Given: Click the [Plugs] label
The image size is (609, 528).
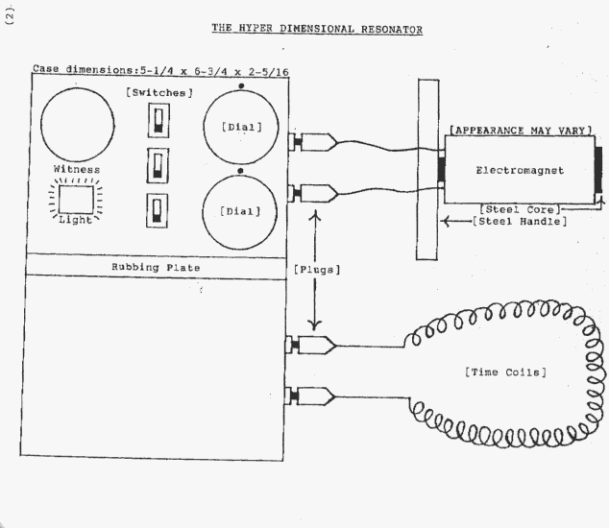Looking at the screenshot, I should pos(317,270).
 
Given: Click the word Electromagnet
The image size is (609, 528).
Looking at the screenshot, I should pos(518,170).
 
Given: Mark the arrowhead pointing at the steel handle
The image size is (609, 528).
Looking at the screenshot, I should pos(449,222).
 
